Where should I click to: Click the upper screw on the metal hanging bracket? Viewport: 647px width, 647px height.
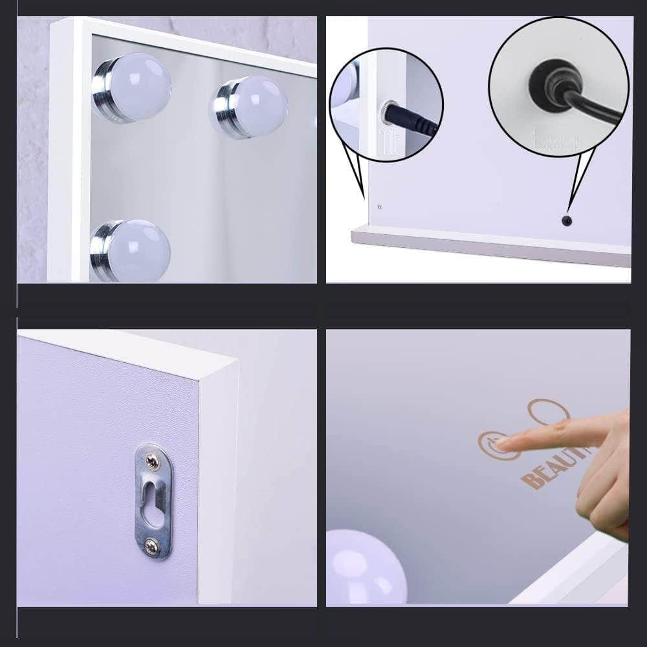[153, 460]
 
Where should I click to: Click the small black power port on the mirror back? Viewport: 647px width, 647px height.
[567, 221]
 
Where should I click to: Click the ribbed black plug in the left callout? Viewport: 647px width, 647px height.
[414, 122]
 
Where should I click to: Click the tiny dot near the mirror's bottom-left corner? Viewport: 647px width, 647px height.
[379, 208]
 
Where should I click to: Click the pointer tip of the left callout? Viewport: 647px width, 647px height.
[364, 197]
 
